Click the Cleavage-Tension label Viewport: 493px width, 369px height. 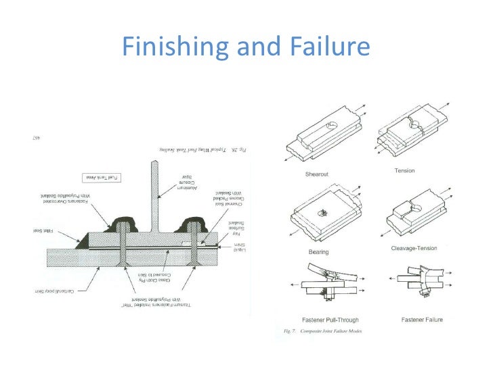[414, 248]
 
